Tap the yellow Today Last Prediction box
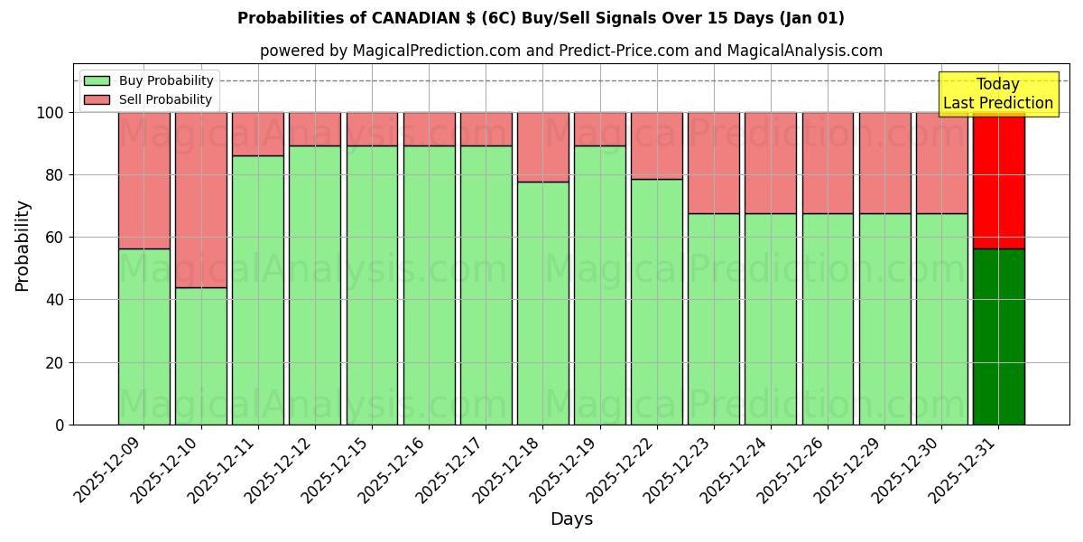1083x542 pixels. (997, 94)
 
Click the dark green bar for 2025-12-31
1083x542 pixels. (998, 336)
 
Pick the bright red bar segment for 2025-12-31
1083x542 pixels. (998, 181)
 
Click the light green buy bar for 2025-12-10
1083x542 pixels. (200, 356)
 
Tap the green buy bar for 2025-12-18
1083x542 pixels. (542, 303)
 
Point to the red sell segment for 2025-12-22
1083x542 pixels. (656, 145)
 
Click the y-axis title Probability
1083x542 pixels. (23, 245)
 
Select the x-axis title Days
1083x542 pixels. (571, 519)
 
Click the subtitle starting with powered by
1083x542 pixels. (571, 51)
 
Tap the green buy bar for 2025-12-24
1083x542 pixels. (770, 318)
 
